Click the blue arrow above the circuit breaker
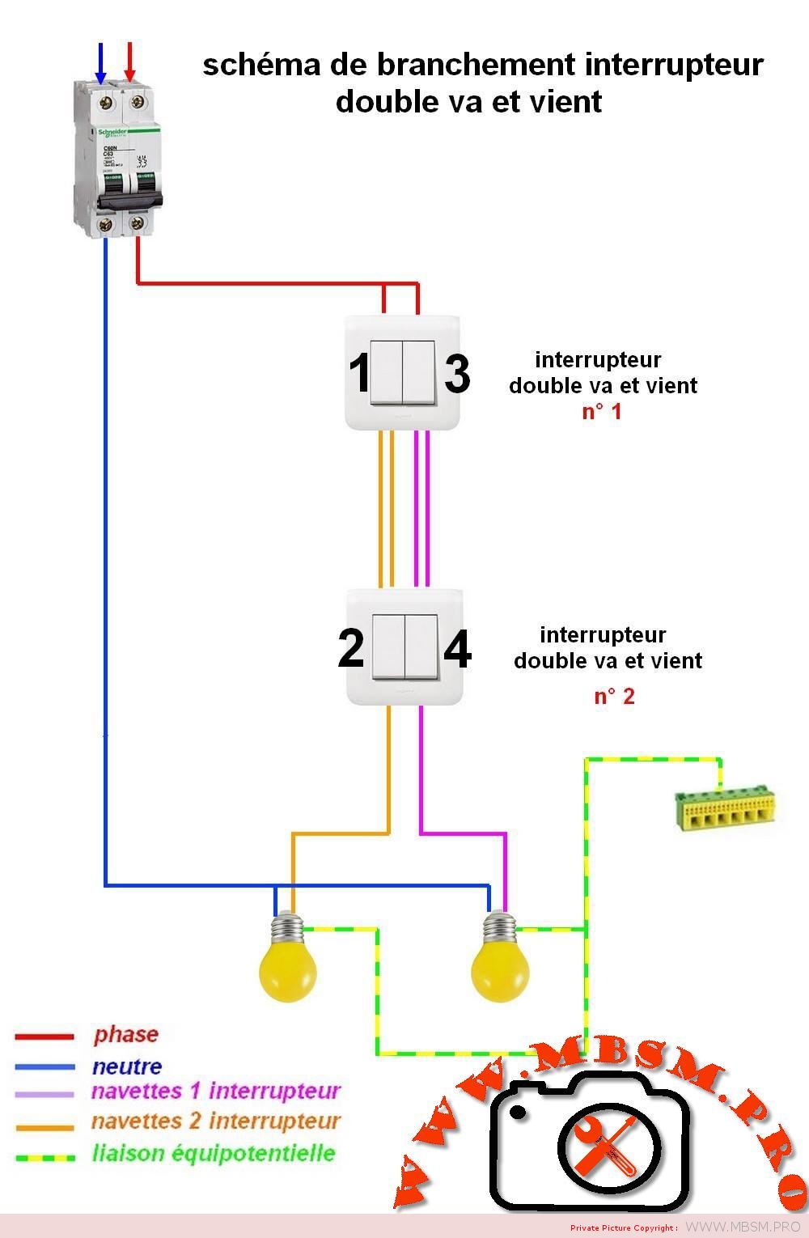101,63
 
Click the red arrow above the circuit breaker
129,63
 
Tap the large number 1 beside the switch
359,374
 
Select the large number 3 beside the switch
457,374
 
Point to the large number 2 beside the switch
351,649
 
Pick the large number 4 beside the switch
458,649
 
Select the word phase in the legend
125,1034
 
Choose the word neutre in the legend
127,1066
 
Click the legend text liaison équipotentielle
214,1153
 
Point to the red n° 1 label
602,411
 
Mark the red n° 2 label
614,696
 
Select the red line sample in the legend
44,1037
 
